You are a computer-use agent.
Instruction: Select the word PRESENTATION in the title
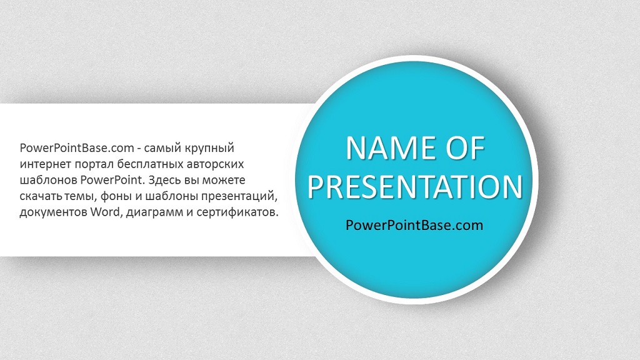pyautogui.click(x=415, y=187)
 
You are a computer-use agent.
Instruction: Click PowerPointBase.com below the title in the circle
pyautogui.click(x=414, y=225)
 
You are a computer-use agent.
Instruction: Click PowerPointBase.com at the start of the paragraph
pyautogui.click(x=77, y=147)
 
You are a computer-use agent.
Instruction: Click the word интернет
pyautogui.click(x=45, y=164)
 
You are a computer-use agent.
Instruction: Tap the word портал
pyautogui.click(x=94, y=165)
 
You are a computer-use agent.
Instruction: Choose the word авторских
pyautogui.click(x=215, y=165)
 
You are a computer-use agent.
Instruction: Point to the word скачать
pyautogui.click(x=41, y=197)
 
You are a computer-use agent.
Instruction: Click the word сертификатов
pyautogui.click(x=237, y=212)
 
